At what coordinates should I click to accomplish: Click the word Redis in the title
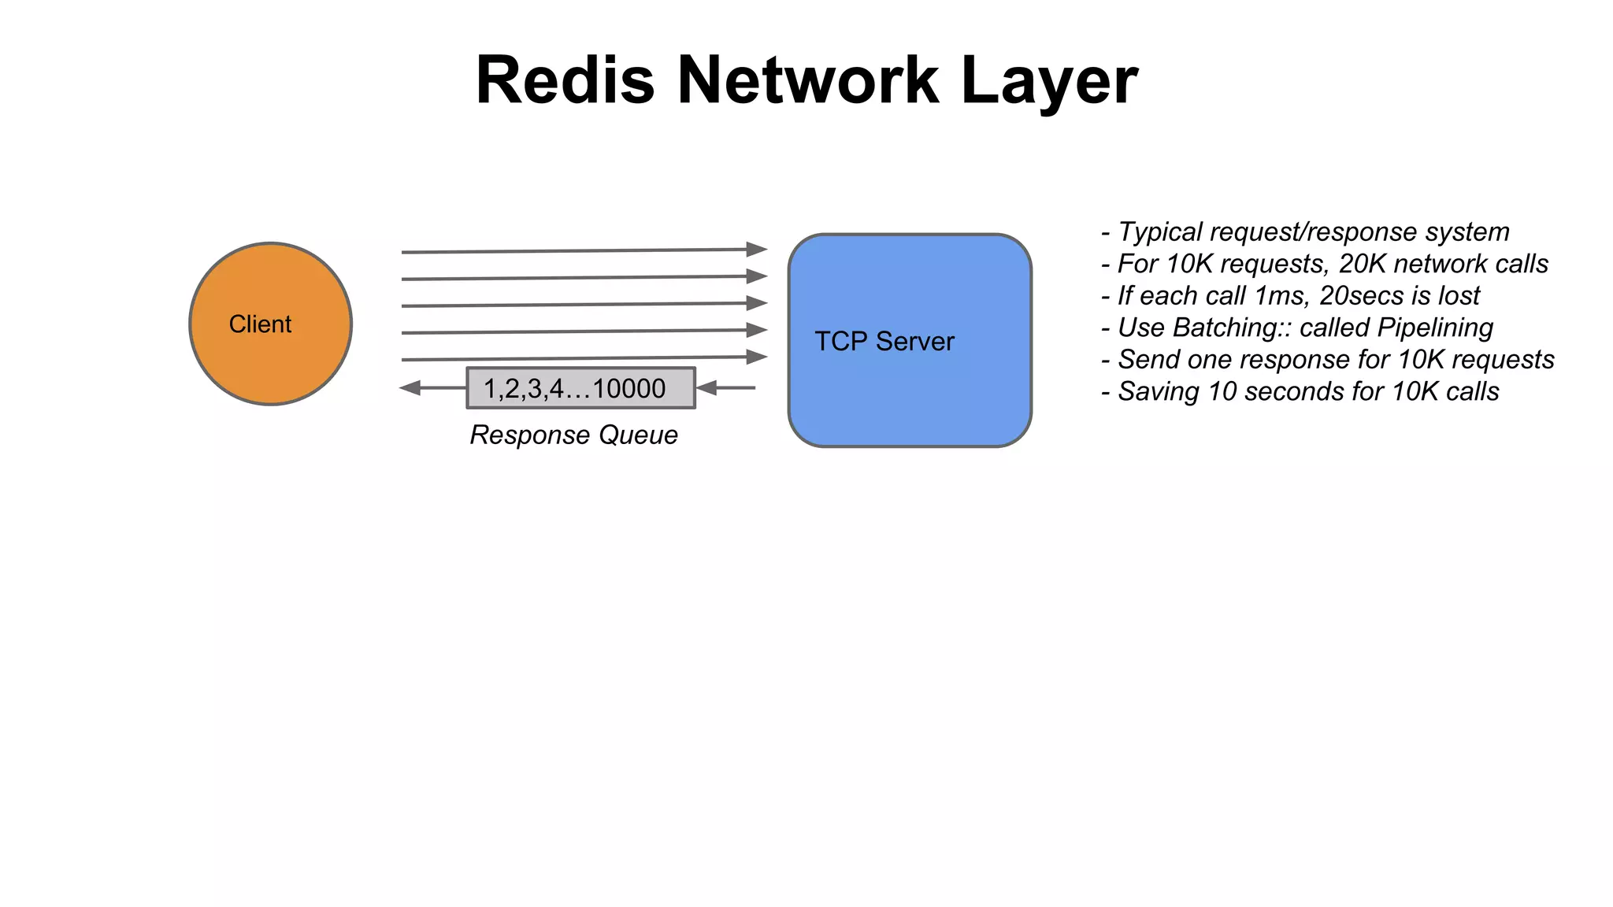point(565,80)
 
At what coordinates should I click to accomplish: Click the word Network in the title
point(808,80)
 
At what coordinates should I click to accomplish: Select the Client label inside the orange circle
point(260,324)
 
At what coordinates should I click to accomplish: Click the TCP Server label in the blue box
point(884,341)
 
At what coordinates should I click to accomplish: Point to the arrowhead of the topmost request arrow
point(757,250)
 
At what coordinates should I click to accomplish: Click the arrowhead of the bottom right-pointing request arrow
point(757,357)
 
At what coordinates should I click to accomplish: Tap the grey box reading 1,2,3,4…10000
point(580,388)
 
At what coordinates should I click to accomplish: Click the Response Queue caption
point(573,435)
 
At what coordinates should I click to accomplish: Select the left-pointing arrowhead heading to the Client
point(410,387)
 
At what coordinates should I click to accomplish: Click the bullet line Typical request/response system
point(1306,231)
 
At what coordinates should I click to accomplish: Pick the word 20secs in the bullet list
point(1362,295)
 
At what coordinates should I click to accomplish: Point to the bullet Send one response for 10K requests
point(1328,359)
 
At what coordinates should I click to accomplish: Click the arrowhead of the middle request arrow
point(757,303)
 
